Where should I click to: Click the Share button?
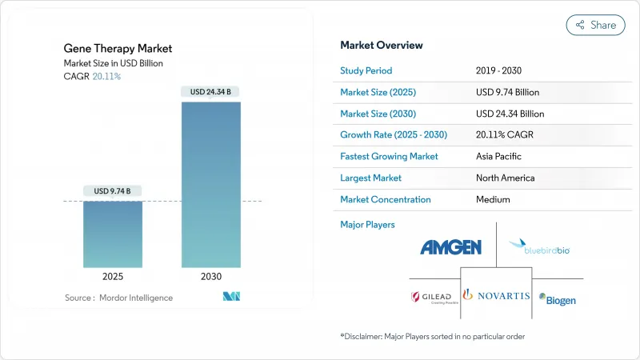(x=595, y=25)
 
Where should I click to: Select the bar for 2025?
(x=113, y=234)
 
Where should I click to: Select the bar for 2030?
(x=211, y=184)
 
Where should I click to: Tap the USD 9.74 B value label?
(x=113, y=190)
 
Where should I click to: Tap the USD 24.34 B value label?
(x=211, y=91)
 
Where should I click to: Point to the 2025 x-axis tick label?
(x=113, y=277)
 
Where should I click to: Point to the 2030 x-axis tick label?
(x=211, y=277)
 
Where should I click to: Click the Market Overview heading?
(x=382, y=45)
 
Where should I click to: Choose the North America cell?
(x=506, y=178)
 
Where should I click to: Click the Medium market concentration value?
(x=493, y=199)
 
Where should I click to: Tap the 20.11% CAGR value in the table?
(x=509, y=134)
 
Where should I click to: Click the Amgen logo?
(x=451, y=247)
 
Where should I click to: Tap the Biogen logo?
(x=557, y=300)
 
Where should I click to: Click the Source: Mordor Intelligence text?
(x=118, y=298)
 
